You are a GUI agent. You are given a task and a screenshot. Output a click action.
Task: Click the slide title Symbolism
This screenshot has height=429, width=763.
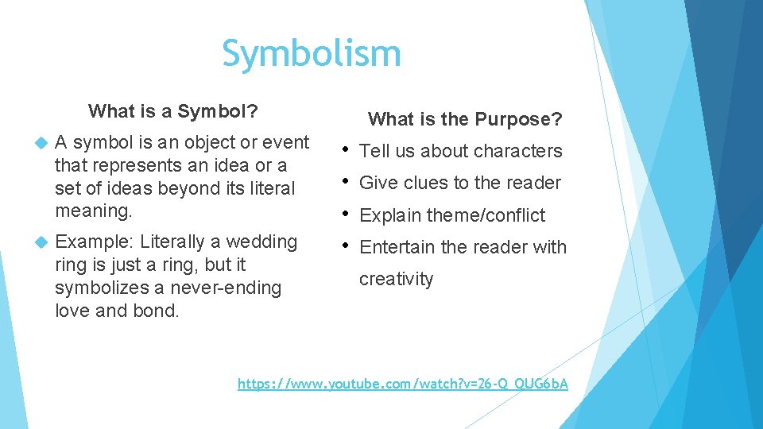pos(311,54)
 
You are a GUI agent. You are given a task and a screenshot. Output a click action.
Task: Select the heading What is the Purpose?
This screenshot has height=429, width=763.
pos(465,119)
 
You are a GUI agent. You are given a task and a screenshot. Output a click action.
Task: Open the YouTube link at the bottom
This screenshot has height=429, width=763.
pos(403,385)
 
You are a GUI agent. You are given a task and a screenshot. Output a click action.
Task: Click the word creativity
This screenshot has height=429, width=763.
pos(397,280)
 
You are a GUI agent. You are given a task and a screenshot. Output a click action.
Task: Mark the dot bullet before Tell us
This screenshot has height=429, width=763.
pos(347,150)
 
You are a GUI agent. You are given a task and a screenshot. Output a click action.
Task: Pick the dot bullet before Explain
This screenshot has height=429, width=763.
pos(347,214)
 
